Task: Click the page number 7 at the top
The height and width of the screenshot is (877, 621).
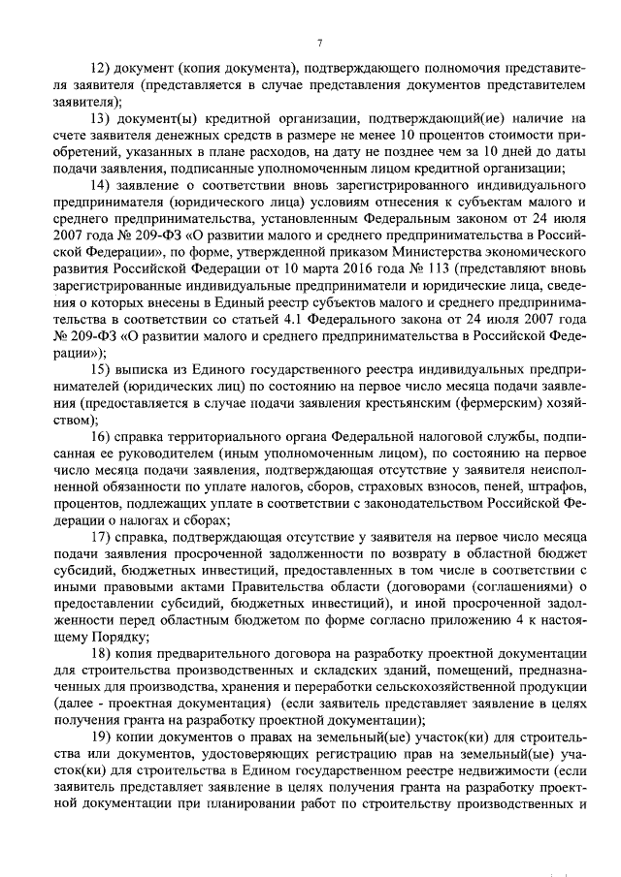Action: [x=319, y=42]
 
